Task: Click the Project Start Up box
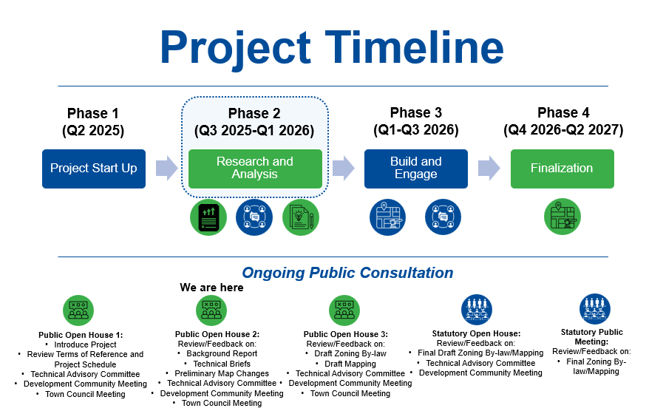[94, 169]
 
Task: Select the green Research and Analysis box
[255, 169]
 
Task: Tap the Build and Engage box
[415, 169]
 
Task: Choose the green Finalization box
[562, 169]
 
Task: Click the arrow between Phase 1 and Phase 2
[167, 169]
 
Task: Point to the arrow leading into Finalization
[489, 169]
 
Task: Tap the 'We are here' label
[211, 288]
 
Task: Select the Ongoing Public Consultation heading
[347, 273]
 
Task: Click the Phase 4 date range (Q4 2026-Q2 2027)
[563, 130]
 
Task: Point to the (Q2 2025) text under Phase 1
[93, 131]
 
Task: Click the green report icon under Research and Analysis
[208, 217]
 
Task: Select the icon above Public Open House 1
[78, 310]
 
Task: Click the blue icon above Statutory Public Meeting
[594, 310]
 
